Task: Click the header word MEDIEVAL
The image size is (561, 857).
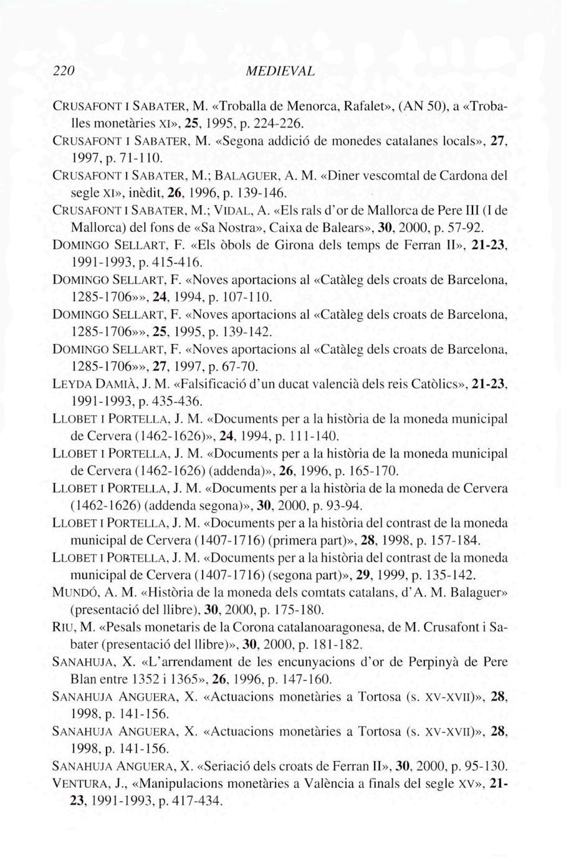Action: click(280, 71)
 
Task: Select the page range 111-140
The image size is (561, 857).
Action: click(315, 435)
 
